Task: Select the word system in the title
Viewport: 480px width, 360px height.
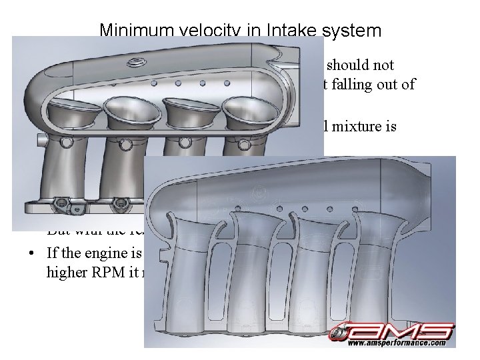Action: [x=354, y=31]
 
